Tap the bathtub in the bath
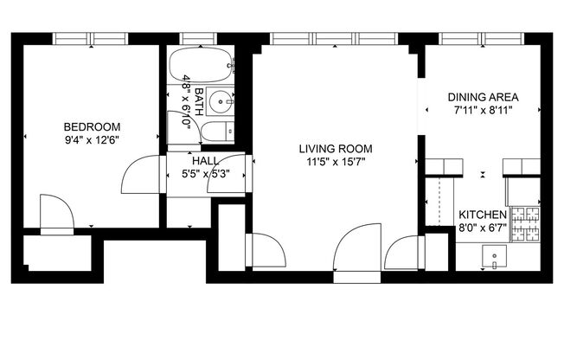pos(200,63)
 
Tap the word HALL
pos(205,161)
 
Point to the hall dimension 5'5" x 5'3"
pos(205,174)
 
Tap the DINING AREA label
pos(482,97)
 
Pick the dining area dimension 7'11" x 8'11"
pos(482,110)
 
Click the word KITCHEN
pos(483,215)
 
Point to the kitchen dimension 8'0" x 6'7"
pos(483,228)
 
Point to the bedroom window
pos(92,38)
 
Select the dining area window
pos(482,38)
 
